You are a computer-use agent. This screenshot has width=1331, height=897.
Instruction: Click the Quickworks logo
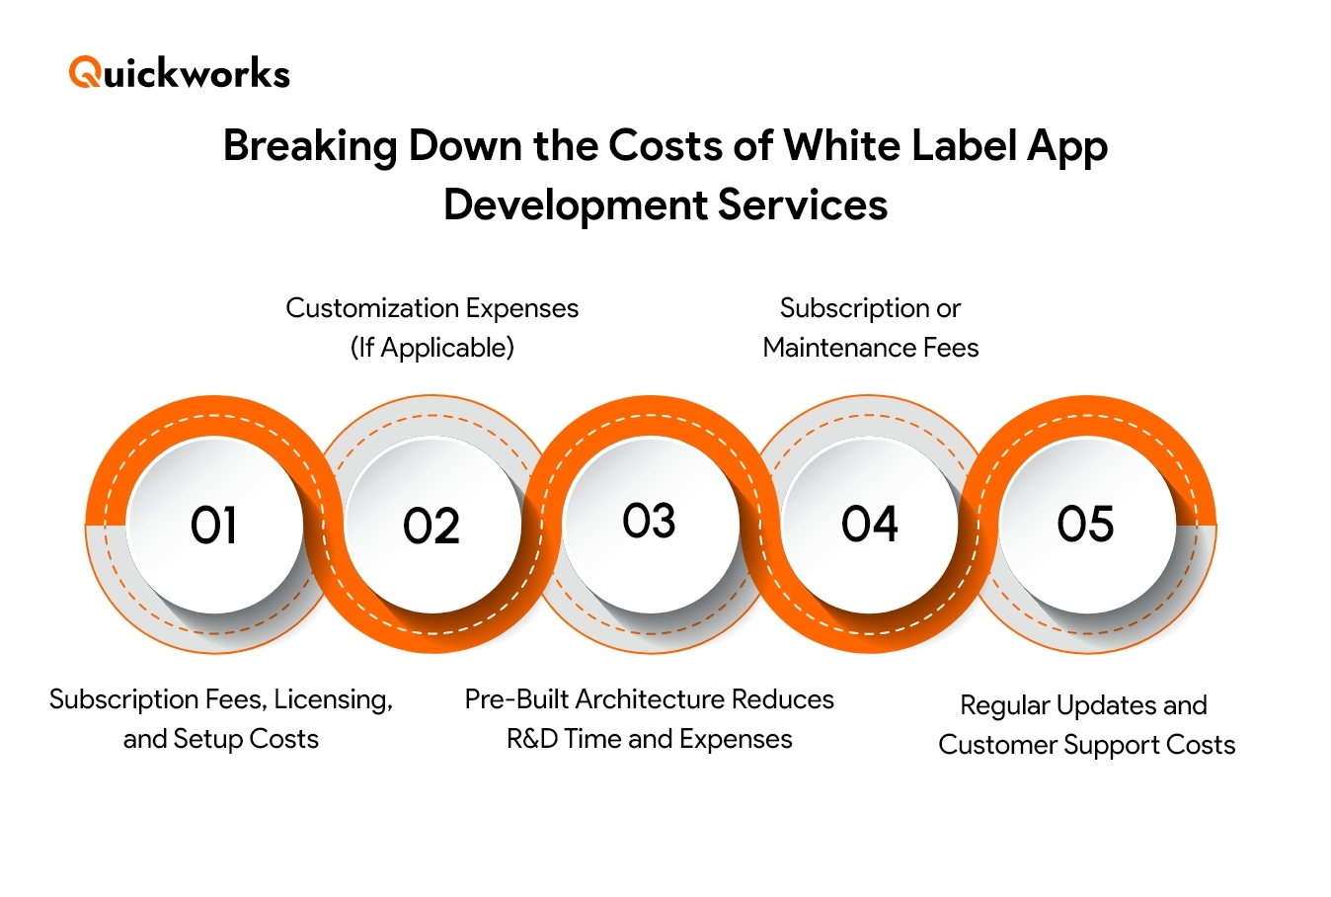pyautogui.click(x=179, y=73)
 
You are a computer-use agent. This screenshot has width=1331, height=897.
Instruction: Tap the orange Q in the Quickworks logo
pyautogui.click(x=84, y=73)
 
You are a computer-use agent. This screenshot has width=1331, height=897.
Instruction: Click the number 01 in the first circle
pyautogui.click(x=214, y=526)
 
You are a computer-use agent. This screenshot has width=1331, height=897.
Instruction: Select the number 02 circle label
pyautogui.click(x=431, y=527)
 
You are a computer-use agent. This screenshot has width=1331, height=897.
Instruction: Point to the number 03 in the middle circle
pyautogui.click(x=649, y=522)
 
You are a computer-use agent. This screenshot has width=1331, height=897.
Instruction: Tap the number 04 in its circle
pyautogui.click(x=869, y=525)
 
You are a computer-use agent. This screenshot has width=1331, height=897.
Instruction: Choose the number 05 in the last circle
pyautogui.click(x=1085, y=524)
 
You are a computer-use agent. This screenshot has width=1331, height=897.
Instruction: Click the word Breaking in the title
pyautogui.click(x=309, y=146)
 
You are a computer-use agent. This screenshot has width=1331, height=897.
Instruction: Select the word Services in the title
pyautogui.click(x=802, y=205)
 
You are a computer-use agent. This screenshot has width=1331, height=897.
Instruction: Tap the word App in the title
pyautogui.click(x=1066, y=146)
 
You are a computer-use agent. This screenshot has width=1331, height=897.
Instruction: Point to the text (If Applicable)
pyautogui.click(x=431, y=348)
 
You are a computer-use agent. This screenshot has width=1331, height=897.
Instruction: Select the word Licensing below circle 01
pyautogui.click(x=332, y=699)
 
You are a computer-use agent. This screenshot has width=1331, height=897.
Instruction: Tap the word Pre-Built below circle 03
pyautogui.click(x=516, y=699)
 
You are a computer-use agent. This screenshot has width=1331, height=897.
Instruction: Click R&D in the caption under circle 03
pyautogui.click(x=531, y=739)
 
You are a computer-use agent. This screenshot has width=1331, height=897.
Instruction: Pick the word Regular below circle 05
pyautogui.click(x=1004, y=705)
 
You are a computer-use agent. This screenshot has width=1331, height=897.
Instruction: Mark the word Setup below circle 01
pyautogui.click(x=207, y=739)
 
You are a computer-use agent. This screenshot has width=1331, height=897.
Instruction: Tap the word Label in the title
pyautogui.click(x=966, y=146)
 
